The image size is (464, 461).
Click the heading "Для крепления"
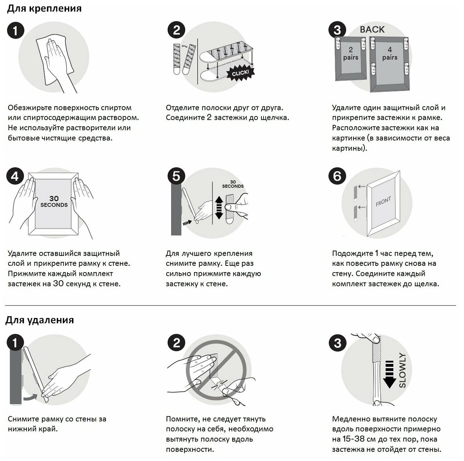pyautogui.click(x=44, y=9)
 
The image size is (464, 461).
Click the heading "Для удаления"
pyautogui.click(x=40, y=320)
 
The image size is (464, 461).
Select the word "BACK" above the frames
pyautogui.click(x=372, y=30)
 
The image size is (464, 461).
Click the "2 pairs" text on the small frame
pyautogui.click(x=351, y=54)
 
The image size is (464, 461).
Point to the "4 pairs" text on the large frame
pyautogui.click(x=389, y=54)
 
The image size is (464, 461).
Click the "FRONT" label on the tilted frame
pyautogui.click(x=383, y=202)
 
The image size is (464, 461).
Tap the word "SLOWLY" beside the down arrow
pyautogui.click(x=403, y=370)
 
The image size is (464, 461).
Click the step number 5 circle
pyautogui.click(x=176, y=176)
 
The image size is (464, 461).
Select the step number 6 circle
pyautogui.click(x=337, y=176)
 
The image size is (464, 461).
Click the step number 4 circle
pyautogui.click(x=15, y=176)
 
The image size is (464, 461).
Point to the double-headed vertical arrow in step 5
pyautogui.click(x=219, y=208)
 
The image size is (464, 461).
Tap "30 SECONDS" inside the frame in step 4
pyautogui.click(x=54, y=202)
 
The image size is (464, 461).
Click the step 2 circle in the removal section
pyautogui.click(x=177, y=343)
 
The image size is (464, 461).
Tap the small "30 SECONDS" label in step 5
pyautogui.click(x=233, y=184)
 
